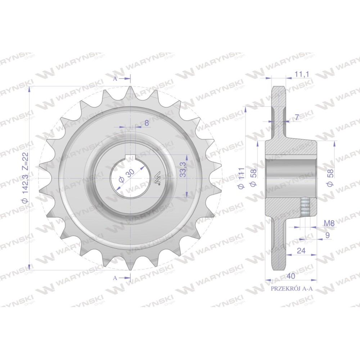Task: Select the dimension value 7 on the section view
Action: (297, 117)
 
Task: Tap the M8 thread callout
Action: (329, 223)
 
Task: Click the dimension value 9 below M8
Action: (327, 235)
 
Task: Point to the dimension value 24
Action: (301, 251)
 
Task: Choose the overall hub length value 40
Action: (291, 276)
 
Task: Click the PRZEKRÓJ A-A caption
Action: (292, 289)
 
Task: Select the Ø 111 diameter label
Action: (241, 178)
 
